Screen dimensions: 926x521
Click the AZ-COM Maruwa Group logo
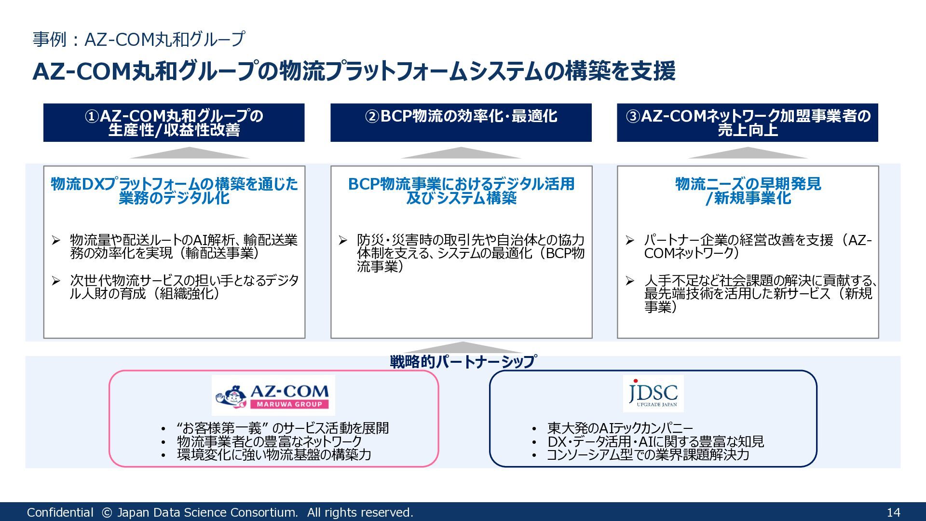tap(273, 396)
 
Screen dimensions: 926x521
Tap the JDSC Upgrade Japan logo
tap(653, 394)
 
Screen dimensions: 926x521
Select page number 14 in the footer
tap(893, 512)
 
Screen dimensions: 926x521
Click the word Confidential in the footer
tap(60, 512)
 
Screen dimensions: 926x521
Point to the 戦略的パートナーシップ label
tap(463, 361)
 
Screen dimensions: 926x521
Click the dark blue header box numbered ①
tap(174, 123)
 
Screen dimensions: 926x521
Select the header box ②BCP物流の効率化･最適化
tap(461, 123)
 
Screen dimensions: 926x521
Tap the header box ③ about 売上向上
tap(747, 123)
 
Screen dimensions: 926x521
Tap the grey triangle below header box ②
tap(461, 153)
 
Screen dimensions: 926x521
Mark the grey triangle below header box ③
tap(747, 153)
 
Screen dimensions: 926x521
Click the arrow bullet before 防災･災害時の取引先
tap(342, 240)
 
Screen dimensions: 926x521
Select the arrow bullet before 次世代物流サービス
tap(56, 280)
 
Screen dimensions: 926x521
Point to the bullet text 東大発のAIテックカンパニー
tap(620, 428)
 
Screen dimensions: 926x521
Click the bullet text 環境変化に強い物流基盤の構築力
tap(274, 454)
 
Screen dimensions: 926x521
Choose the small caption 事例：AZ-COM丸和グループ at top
tap(139, 39)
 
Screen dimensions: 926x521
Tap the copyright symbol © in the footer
tap(107, 512)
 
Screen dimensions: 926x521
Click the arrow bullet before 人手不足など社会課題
tap(630, 280)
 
